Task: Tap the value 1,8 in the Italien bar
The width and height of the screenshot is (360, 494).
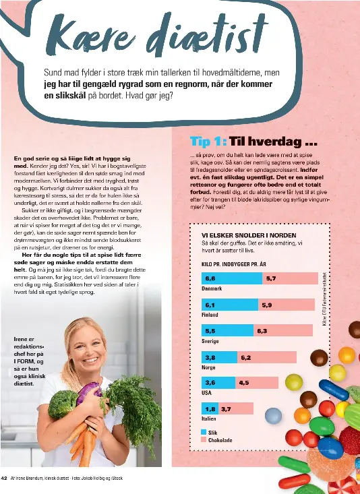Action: [210, 408]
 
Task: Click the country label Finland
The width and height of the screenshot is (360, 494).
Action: [210, 315]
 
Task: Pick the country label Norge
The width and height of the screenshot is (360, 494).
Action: [208, 367]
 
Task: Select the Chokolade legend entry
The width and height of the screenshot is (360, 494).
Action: [221, 439]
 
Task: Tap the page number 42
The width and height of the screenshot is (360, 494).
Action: [5, 478]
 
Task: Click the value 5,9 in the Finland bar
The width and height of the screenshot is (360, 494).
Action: [266, 304]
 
